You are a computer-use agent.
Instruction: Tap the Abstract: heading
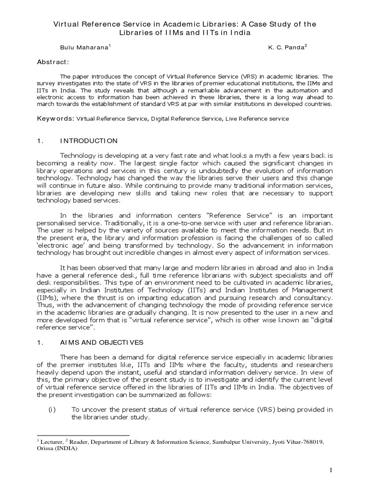(x=53, y=62)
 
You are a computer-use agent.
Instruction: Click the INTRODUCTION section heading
(x=88, y=141)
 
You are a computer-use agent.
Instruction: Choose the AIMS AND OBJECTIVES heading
(x=101, y=343)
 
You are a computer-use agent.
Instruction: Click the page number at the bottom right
(x=331, y=470)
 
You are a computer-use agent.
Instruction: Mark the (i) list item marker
(x=53, y=410)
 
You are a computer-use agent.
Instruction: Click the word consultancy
(x=311, y=298)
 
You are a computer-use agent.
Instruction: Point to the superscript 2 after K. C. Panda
(x=306, y=46)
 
